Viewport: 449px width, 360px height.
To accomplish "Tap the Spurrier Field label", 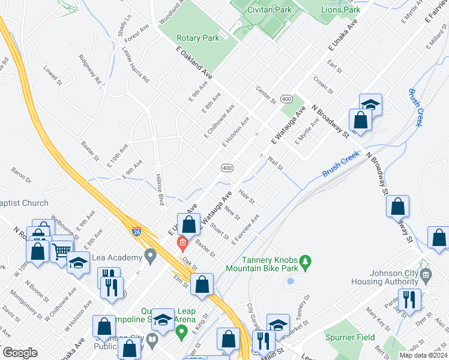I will (x=350, y=338).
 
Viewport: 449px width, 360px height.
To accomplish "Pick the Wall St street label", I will (x=276, y=162).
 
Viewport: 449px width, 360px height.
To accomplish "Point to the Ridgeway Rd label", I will (x=90, y=70).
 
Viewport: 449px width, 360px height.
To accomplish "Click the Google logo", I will (x=20, y=353).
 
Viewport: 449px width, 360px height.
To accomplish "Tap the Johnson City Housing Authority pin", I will (x=426, y=275).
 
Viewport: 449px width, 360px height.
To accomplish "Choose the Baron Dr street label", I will (x=21, y=175).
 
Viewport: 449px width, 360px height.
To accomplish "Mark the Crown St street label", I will (x=323, y=85).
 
